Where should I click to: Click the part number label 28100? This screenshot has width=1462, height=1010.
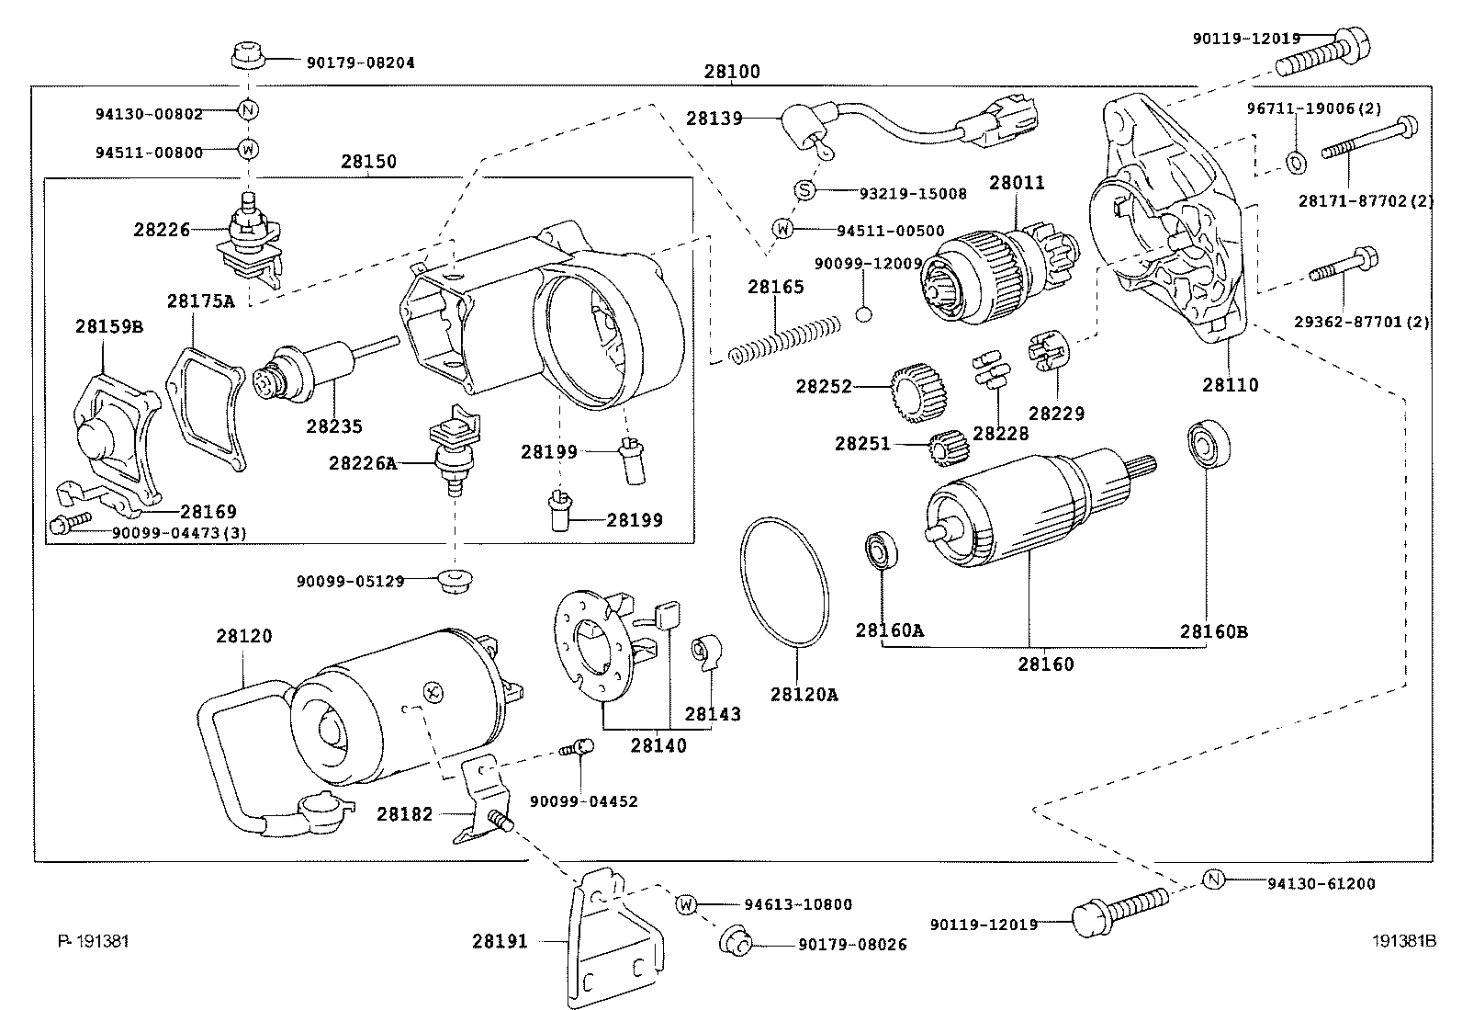[x=732, y=72]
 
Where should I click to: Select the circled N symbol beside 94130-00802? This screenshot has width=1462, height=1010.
[x=248, y=111]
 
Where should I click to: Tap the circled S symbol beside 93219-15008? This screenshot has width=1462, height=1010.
[x=804, y=190]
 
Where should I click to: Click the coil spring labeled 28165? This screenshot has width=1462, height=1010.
[x=785, y=339]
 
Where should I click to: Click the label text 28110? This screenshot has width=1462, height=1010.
[x=1231, y=384]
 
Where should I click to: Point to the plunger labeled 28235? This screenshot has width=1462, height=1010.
[x=308, y=372]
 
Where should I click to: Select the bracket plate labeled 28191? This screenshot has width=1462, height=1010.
[x=611, y=937]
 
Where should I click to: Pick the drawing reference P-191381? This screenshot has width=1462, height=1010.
[x=93, y=940]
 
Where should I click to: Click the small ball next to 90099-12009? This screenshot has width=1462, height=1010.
[x=862, y=315]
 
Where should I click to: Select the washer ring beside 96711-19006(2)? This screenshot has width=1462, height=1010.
[x=1296, y=164]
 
